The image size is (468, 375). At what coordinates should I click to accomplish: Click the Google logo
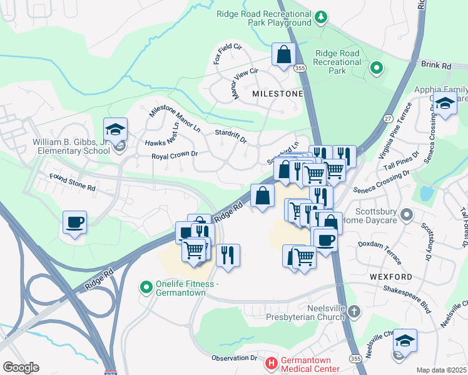(21, 367)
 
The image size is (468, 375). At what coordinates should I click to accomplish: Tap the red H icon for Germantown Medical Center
(271, 362)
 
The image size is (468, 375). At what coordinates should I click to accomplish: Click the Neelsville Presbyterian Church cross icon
(354, 311)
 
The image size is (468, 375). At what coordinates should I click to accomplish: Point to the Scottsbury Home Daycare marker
(407, 216)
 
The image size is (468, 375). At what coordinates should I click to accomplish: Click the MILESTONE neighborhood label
(277, 93)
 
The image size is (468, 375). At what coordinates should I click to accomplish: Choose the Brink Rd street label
(436, 65)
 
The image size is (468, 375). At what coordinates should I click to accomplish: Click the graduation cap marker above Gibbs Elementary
(116, 129)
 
